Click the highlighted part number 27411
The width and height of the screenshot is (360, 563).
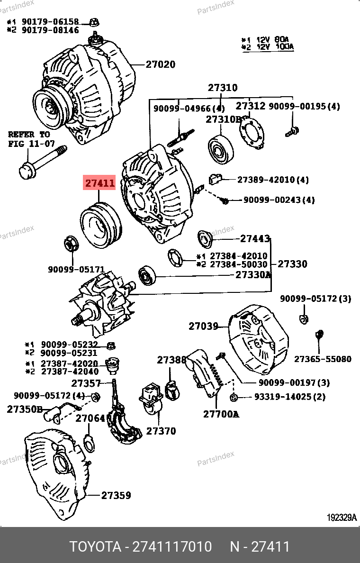pyautogui.click(x=99, y=182)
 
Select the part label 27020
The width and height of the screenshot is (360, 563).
pyautogui.click(x=160, y=64)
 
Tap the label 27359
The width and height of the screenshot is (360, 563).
pyautogui.click(x=116, y=495)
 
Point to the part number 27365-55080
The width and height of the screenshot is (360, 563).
pyautogui.click(x=323, y=359)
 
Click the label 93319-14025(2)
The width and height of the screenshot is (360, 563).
pyautogui.click(x=290, y=397)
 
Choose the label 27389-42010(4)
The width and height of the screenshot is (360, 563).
pyautogui.click(x=273, y=180)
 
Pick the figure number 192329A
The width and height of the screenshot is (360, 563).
pyautogui.click(x=341, y=518)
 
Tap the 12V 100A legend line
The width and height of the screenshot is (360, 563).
pyautogui.click(x=268, y=47)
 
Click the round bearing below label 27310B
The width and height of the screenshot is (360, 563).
pyautogui.click(x=221, y=148)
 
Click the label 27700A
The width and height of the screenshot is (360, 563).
pyautogui.click(x=221, y=414)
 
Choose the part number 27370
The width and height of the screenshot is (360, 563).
pyautogui.click(x=161, y=431)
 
